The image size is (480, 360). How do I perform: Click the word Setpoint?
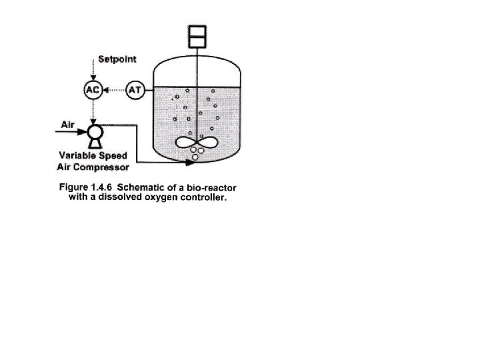point(117,59)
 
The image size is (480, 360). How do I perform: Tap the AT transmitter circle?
point(135,90)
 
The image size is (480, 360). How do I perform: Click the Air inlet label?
point(67,124)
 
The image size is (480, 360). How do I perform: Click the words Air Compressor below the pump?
point(93,167)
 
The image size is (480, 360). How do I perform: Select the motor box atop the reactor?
point(197,37)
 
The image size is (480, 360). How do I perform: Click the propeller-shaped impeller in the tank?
point(198,142)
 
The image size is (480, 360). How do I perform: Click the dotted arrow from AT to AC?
point(114,90)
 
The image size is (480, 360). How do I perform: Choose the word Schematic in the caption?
point(138,187)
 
